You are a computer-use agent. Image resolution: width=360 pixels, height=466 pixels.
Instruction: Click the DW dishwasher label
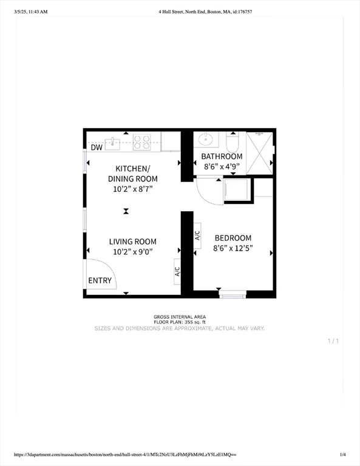[97, 147]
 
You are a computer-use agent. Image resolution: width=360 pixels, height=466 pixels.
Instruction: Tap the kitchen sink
[114, 143]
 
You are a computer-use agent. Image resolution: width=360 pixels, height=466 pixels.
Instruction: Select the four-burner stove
[142, 142]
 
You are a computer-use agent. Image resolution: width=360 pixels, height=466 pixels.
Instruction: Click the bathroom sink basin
[208, 140]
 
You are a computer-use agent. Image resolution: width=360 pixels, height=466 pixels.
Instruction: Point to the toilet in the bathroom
[233, 142]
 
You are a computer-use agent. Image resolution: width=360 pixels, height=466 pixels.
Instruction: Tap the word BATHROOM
[222, 157]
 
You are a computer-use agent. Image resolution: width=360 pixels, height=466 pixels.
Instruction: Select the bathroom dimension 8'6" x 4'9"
[222, 166]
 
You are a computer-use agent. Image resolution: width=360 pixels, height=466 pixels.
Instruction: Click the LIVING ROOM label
[133, 241]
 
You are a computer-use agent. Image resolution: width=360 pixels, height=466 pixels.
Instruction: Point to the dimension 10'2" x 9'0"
[133, 252]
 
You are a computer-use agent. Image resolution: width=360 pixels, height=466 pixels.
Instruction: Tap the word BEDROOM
[233, 238]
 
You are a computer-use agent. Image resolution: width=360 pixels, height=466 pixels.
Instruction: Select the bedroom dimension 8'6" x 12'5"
[233, 248]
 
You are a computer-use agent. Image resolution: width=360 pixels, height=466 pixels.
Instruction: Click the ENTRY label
[100, 280]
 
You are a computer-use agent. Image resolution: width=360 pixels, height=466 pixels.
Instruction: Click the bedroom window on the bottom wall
[233, 295]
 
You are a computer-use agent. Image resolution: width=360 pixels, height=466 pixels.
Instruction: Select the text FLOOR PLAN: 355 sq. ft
[180, 322]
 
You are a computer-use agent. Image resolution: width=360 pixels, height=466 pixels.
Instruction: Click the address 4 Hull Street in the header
[180, 11]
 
